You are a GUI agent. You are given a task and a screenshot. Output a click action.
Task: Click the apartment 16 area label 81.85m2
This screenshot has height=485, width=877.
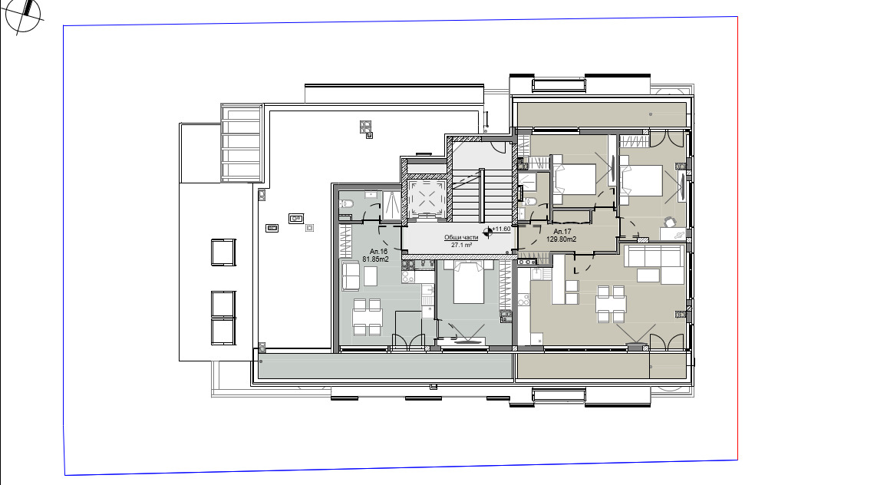[376, 259]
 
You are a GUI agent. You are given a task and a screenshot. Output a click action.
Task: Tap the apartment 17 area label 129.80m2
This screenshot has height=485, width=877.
[561, 239]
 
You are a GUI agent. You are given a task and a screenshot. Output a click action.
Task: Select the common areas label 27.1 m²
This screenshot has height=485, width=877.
[461, 246]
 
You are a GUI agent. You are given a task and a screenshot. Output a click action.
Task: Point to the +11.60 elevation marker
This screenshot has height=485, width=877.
[501, 229]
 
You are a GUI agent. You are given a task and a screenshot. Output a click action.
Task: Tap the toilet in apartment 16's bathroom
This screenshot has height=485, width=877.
[346, 204]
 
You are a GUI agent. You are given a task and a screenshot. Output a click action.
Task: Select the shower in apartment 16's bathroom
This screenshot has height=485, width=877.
[391, 203]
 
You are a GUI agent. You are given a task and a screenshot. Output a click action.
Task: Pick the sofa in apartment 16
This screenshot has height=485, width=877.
[351, 276]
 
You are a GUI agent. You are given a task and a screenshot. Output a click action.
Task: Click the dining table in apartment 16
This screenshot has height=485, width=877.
[367, 316]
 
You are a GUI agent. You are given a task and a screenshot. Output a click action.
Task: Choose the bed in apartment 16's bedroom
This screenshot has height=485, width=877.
[468, 282]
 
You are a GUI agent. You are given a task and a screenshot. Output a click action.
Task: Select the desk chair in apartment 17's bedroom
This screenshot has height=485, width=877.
[670, 223]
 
